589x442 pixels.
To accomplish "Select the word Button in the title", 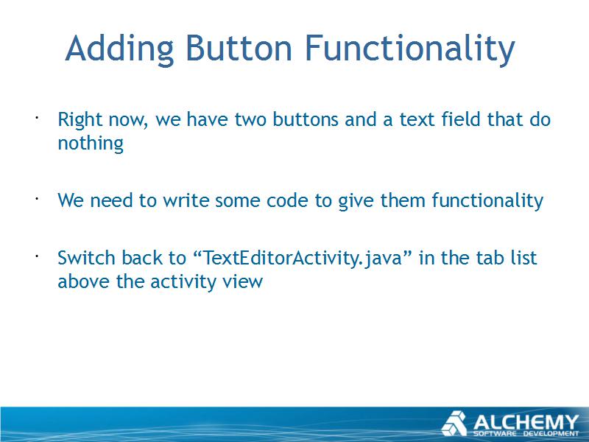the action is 239,48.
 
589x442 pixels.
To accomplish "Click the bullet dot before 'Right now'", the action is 37,118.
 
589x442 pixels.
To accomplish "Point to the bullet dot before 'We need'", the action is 37,198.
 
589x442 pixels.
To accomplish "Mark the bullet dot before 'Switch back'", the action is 37,256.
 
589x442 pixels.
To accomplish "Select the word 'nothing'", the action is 91,144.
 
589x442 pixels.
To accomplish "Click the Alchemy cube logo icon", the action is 454,424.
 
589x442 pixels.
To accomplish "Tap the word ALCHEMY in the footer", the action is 526,422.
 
